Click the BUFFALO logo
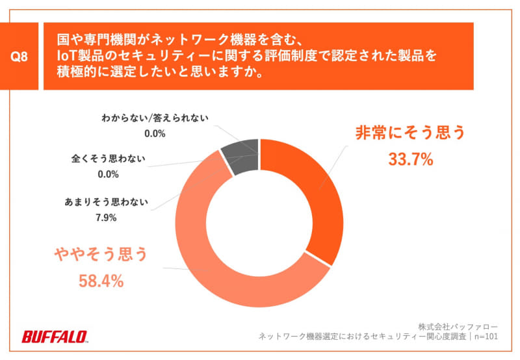pos(55,337)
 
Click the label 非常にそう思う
pos(410,133)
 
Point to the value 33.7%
pos(410,159)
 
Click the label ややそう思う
pos(100,254)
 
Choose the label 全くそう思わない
pos(108,158)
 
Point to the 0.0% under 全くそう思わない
pos(108,174)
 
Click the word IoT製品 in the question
pos(77,57)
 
